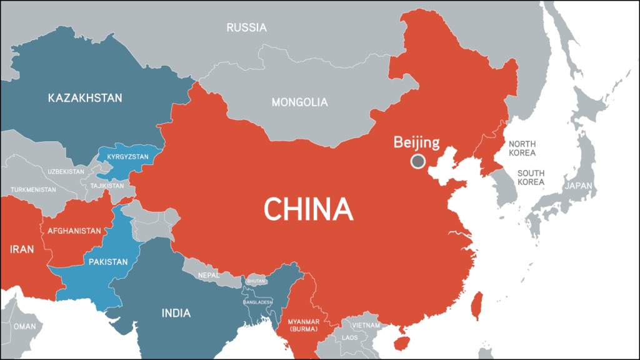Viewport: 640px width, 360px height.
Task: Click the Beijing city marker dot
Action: [417, 162]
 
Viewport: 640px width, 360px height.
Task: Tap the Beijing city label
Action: [416, 142]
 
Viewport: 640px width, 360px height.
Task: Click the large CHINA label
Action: [308, 209]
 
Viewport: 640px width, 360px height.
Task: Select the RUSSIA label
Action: [246, 27]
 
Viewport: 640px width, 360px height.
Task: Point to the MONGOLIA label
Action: [299, 102]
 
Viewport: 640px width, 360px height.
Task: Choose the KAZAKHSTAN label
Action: [85, 98]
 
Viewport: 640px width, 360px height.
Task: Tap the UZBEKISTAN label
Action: [66, 171]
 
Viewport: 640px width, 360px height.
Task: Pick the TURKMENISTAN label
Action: [33, 189]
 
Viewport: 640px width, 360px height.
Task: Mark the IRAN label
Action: [21, 249]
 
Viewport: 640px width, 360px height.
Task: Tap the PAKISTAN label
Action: [108, 261]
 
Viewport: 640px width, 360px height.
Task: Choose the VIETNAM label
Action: [366, 325]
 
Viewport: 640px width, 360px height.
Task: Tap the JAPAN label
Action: [579, 186]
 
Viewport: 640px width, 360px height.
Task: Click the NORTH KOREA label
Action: [522, 148]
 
